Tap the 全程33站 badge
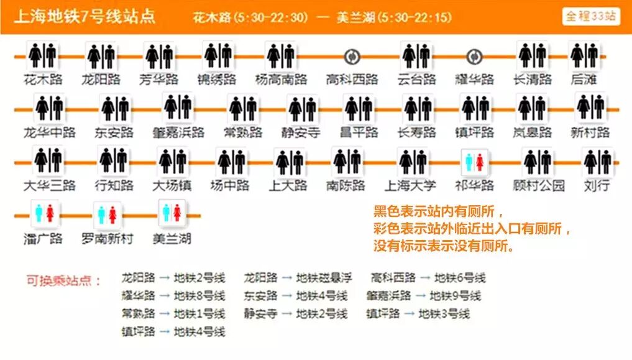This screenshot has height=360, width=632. [591, 16]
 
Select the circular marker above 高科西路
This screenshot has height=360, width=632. [352, 57]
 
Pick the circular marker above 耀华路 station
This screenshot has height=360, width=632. [474, 57]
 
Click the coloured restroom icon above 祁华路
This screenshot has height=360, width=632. [474, 162]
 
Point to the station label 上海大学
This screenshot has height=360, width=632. [410, 185]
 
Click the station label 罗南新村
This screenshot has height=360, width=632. [108, 239]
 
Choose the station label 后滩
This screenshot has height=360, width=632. [584, 80]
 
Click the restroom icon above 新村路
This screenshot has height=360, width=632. [590, 108]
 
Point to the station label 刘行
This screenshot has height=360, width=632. [597, 185]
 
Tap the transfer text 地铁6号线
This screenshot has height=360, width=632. [460, 278]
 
